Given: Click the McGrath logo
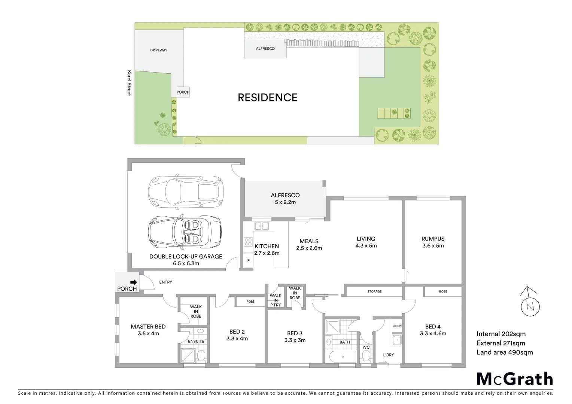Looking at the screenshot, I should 515,379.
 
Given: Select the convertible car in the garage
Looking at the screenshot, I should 185,232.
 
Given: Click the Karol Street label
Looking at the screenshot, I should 129,83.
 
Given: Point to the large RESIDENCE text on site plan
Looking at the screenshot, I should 267,98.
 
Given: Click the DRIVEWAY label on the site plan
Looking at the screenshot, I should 159,50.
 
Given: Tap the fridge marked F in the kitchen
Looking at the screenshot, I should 248,260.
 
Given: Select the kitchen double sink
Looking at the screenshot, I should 261,226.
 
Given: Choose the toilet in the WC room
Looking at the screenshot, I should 366,356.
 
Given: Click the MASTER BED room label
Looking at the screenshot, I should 148,327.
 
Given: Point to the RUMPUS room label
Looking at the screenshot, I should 433,239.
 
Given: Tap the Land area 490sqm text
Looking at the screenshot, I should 504,352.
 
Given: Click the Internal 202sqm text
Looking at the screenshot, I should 501,334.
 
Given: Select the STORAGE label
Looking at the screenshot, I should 374,291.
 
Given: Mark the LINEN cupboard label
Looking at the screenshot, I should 397,326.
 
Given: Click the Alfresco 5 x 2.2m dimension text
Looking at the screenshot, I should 285,202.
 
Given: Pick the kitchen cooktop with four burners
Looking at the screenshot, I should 248,242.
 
